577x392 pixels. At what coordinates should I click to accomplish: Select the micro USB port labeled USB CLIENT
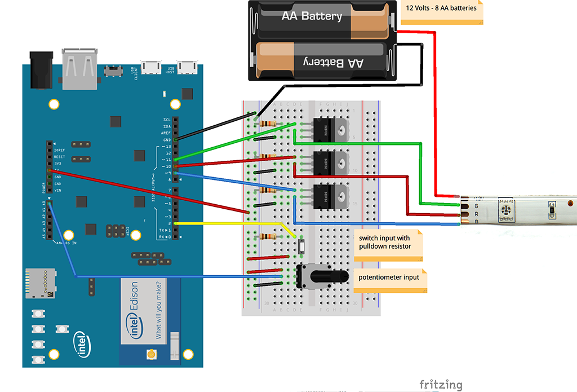(x=150, y=68)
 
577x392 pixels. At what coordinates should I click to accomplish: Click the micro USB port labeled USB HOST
(x=186, y=68)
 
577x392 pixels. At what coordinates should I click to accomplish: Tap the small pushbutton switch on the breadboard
(x=302, y=246)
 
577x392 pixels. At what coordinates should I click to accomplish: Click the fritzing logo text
(x=441, y=385)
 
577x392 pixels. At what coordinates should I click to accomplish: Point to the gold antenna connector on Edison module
(x=151, y=354)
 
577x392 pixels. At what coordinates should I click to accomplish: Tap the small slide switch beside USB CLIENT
(x=114, y=72)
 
